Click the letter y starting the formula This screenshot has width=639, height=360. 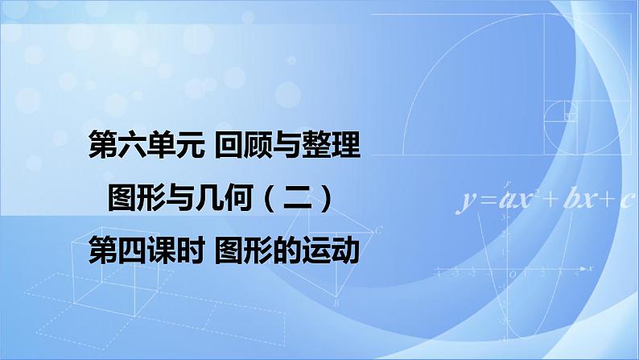[x=466, y=201]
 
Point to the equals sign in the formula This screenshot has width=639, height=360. [x=485, y=201]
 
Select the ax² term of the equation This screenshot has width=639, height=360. [x=517, y=200]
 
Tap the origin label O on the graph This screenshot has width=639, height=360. [x=513, y=275]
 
